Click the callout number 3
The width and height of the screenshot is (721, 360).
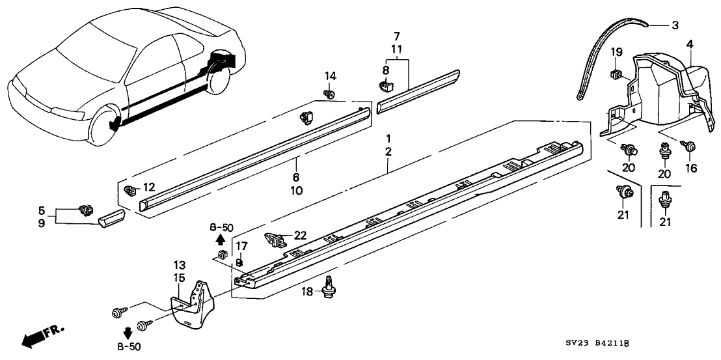point(675,26)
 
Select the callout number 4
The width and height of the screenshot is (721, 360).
point(690,44)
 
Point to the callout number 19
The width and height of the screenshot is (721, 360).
point(616,52)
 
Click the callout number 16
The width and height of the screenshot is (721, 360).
point(691,169)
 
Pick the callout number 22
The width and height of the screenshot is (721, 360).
point(300,235)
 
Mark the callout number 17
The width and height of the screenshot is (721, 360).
point(241,247)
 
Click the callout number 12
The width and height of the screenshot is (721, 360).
point(149,187)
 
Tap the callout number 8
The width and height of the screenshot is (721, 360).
point(385,69)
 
